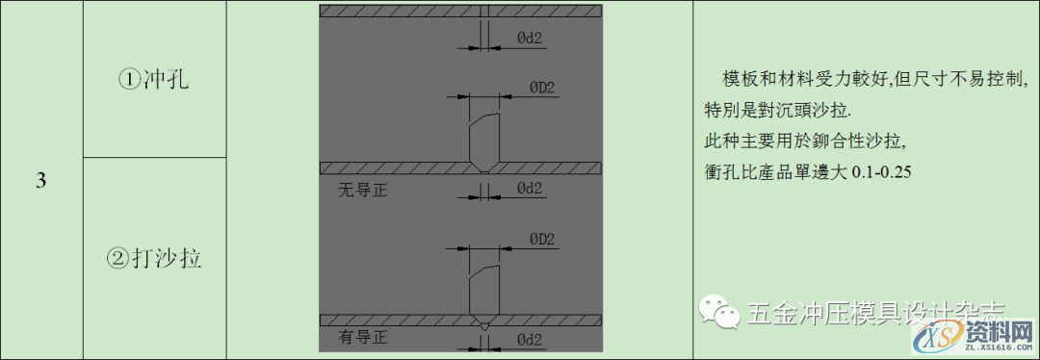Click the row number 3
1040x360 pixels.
coord(41,181)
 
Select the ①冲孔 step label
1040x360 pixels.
coord(154,80)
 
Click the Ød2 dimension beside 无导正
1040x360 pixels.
coord(533,189)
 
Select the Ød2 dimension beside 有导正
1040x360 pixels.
coord(533,340)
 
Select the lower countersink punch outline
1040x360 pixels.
coord(484,289)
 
